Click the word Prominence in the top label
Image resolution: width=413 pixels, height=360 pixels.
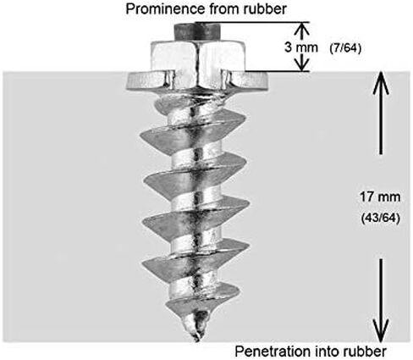pyautogui.click(x=166, y=9)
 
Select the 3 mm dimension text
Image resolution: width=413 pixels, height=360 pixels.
pyautogui.click(x=301, y=47)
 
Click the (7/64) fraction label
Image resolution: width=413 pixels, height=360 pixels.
pyautogui.click(x=345, y=48)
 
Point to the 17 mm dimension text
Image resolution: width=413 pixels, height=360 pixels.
pyautogui.click(x=380, y=197)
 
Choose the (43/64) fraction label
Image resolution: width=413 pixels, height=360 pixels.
pyautogui.click(x=380, y=219)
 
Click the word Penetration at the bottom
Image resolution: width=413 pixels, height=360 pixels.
pyautogui.click(x=272, y=352)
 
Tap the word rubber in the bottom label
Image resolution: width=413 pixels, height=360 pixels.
pyautogui.click(x=364, y=352)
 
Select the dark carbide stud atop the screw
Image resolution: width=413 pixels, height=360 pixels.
pyautogui.click(x=197, y=31)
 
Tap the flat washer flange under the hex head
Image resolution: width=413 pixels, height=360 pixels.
pyautogui.click(x=197, y=81)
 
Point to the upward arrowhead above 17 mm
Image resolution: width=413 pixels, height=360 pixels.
pyautogui.click(x=381, y=82)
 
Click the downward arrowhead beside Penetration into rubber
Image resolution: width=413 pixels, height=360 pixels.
pyautogui.click(x=381, y=330)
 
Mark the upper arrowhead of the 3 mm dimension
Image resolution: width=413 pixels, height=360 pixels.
pyautogui.click(x=302, y=29)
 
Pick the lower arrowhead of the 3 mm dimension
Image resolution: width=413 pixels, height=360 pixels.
pyautogui.click(x=302, y=64)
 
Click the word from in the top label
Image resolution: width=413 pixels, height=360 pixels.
pyautogui.click(x=223, y=9)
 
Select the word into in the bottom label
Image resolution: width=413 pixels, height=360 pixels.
pyautogui.click(x=325, y=352)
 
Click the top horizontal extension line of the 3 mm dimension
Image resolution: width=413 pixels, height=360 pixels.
pyautogui.click(x=253, y=22)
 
